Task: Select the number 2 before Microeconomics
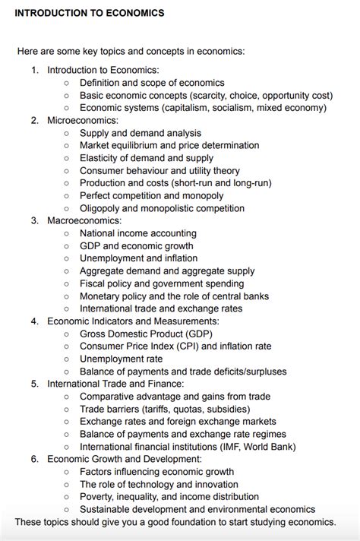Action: tap(34, 120)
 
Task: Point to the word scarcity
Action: tap(214, 95)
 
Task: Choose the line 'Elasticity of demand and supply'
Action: tap(147, 158)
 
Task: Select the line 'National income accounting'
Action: tap(137, 233)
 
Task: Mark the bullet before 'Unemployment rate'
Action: tap(66, 359)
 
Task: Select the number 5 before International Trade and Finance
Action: tap(34, 384)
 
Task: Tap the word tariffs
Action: tap(165, 409)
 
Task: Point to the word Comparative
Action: tap(109, 397)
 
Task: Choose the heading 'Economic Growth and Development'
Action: tap(124, 459)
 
